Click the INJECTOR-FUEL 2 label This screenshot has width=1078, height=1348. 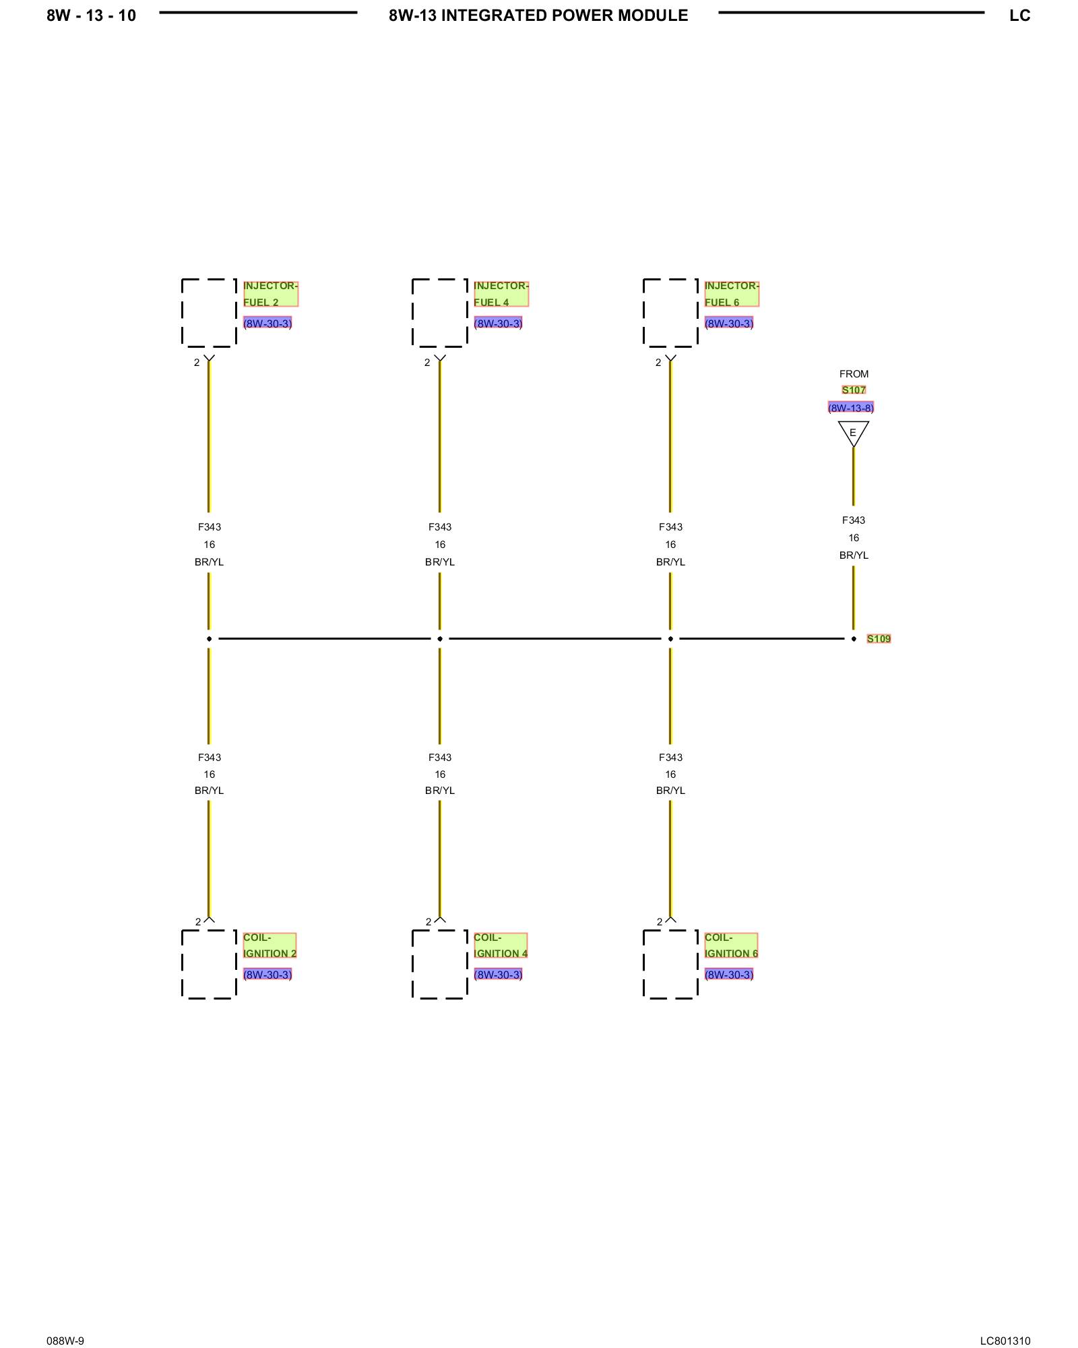tap(270, 294)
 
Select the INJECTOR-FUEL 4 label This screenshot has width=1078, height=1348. tap(501, 294)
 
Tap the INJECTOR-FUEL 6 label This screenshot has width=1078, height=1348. tap(731, 294)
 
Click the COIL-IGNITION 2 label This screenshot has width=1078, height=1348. tap(269, 945)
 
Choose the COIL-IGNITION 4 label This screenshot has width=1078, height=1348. tap(500, 945)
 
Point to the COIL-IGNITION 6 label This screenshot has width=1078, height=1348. tap(731, 945)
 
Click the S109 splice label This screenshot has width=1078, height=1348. tap(879, 639)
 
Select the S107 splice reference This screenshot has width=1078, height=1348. tap(854, 390)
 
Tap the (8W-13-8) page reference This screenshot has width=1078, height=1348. tap(851, 408)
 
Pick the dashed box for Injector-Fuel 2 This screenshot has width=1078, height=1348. tap(209, 313)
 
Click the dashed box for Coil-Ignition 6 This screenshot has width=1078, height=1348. tap(670, 964)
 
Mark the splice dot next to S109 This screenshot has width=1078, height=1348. tap(854, 639)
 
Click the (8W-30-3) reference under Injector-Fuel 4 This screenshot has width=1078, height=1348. tap(498, 324)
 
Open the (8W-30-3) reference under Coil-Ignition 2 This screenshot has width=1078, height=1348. tap(267, 975)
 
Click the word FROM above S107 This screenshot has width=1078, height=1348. tap(854, 374)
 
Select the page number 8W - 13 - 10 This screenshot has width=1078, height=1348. tap(91, 16)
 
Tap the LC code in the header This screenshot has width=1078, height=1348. tap(1019, 16)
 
